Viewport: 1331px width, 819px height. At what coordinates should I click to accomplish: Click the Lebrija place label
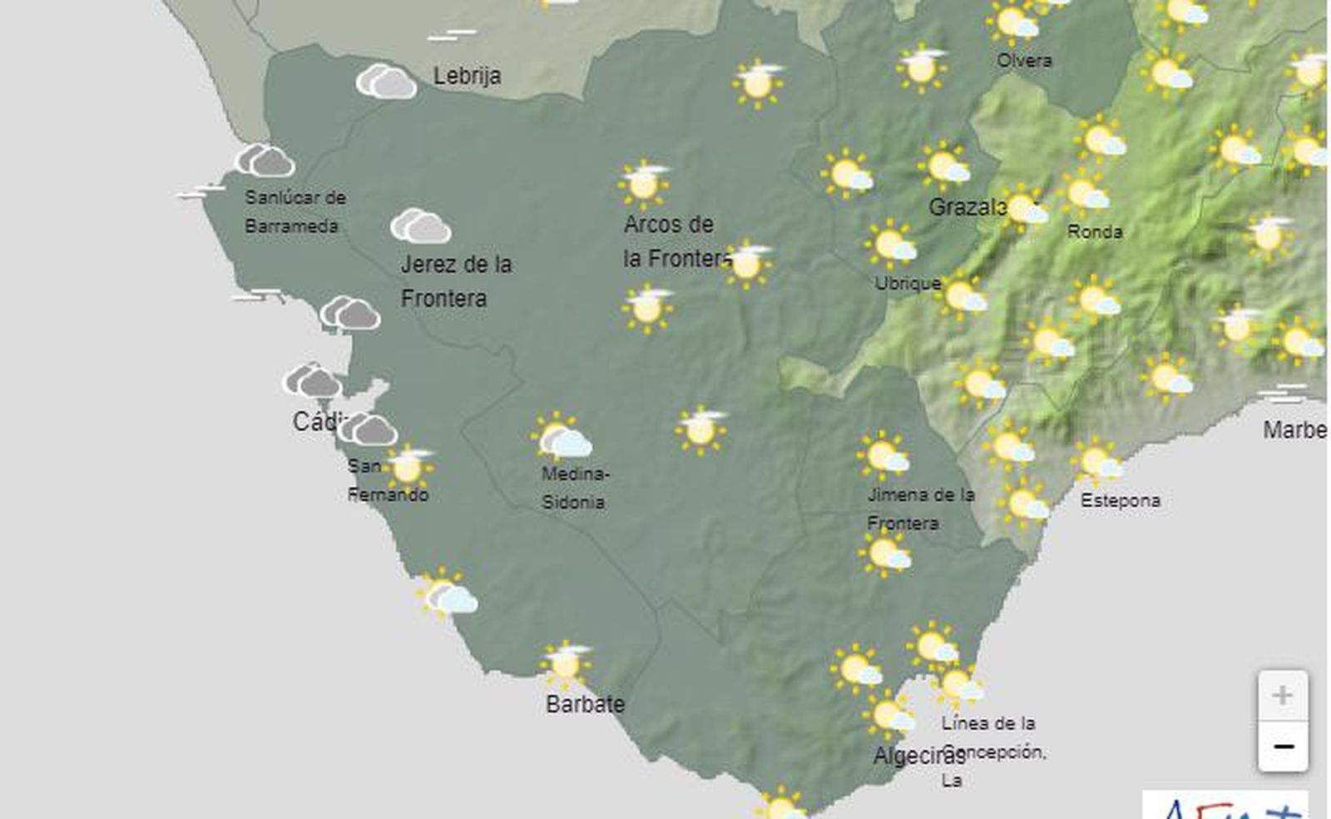tap(467, 76)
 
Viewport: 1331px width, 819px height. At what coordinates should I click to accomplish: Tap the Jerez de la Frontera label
tap(455, 280)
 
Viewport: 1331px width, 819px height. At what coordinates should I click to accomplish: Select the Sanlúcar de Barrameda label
tap(294, 211)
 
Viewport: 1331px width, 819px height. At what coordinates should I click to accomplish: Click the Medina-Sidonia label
tap(574, 488)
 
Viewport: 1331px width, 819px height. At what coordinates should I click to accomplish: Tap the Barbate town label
tap(585, 704)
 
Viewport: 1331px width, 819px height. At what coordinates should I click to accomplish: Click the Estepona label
tap(1120, 500)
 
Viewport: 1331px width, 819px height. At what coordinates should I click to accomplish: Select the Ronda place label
tap(1094, 231)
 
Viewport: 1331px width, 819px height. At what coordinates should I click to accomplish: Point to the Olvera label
tap(1024, 60)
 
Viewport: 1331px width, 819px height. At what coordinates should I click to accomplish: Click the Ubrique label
tap(907, 283)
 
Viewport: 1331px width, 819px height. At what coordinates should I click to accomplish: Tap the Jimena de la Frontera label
tap(919, 509)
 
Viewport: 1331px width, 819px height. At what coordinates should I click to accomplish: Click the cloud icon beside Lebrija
tap(386, 82)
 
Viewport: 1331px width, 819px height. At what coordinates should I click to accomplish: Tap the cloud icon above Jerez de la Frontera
tap(421, 226)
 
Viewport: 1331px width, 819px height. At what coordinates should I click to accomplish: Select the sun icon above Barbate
tap(566, 663)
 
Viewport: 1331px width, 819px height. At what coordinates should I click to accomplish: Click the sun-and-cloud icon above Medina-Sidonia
tap(562, 439)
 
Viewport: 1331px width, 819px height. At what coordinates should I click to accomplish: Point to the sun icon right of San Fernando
tap(408, 467)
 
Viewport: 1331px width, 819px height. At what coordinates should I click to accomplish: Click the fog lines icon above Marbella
tap(1283, 394)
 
